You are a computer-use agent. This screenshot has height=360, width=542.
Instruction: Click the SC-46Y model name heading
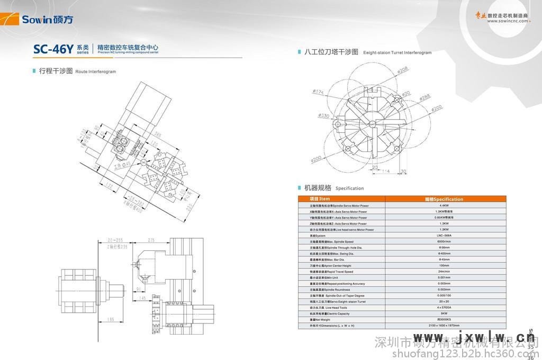(52, 49)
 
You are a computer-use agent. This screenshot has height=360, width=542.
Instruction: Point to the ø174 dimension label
(318, 92)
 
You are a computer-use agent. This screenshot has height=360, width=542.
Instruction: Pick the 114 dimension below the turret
(385, 171)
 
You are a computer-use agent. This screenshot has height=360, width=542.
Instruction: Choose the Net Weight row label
(320, 320)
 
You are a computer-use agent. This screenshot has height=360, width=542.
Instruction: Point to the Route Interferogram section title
(77, 71)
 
